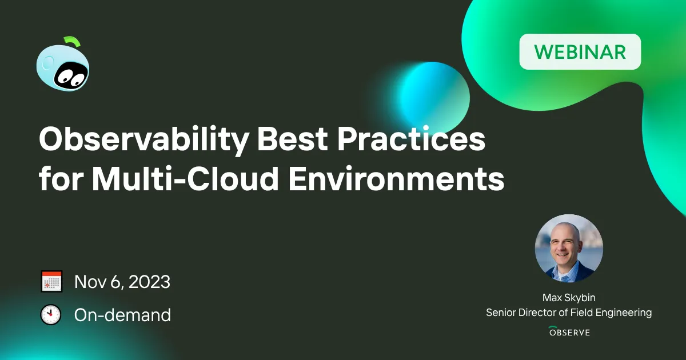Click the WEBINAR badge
pos(580,52)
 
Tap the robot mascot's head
pos(63,68)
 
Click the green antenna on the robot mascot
pos(72,42)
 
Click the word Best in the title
pos(292,139)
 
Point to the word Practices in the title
pos(411,139)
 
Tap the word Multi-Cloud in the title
pos(186,178)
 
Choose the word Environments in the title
pos(396,178)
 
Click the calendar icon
pos(52,281)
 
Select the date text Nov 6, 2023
pos(122,282)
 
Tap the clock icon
pos(51,314)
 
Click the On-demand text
pos(122,315)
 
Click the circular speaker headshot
pos(569,248)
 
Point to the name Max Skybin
pos(569,298)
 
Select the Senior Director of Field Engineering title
pos(569,313)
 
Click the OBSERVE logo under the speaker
pos(569,331)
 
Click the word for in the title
pos(61,178)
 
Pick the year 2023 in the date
pos(149,282)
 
